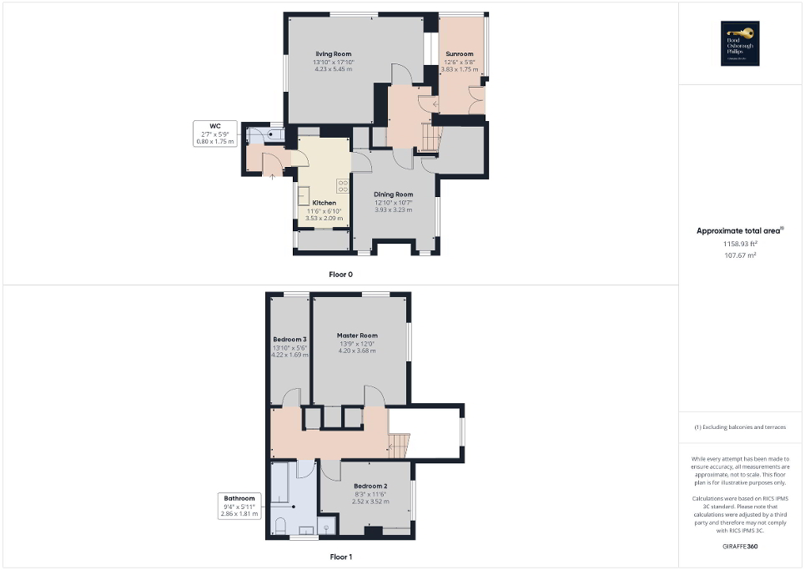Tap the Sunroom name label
[x=459, y=54]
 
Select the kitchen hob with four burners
[x=342, y=184]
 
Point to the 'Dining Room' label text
[x=393, y=194]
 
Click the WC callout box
[x=215, y=134]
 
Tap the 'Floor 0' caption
[x=341, y=274]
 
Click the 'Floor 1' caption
[x=341, y=556]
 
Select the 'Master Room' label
[x=357, y=335]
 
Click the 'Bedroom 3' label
[x=289, y=340]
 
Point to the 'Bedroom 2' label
[x=370, y=486]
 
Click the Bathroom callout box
[x=239, y=506]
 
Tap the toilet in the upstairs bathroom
[x=281, y=525]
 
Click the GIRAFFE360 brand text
[x=742, y=546]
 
